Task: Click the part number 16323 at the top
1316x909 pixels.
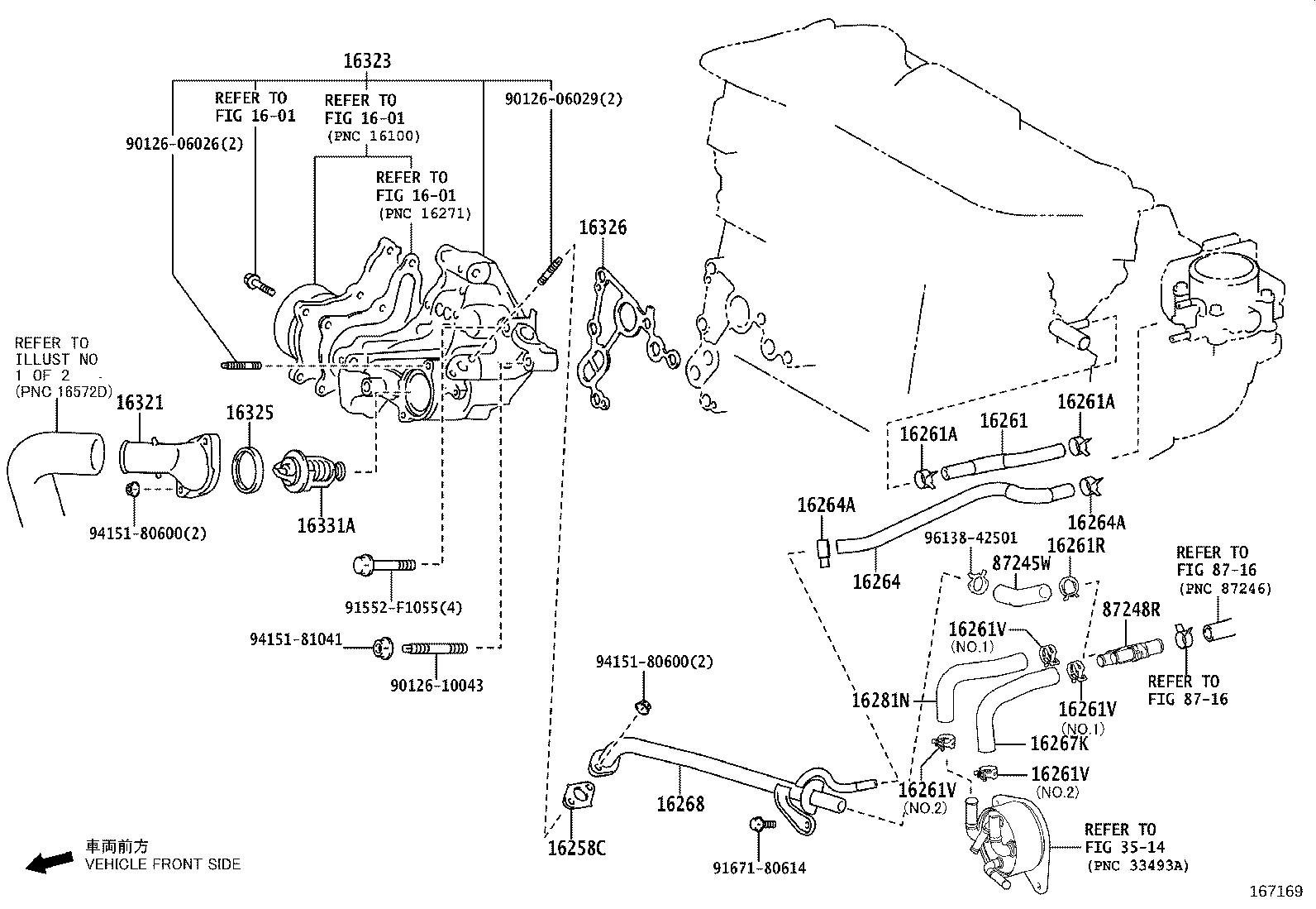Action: tap(367, 61)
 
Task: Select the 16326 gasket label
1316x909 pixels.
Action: tap(602, 227)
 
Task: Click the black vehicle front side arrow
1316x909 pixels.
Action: tap(48, 863)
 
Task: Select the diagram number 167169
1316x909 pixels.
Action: tap(1275, 892)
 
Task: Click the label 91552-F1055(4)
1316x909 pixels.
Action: tap(403, 608)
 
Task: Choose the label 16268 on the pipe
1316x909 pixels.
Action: tap(680, 803)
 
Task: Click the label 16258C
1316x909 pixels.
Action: tap(576, 848)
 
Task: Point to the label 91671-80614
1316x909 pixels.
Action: tap(759, 868)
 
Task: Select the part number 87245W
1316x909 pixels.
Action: tap(1021, 563)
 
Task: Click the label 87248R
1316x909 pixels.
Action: tap(1131, 610)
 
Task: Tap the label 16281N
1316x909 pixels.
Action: tap(880, 701)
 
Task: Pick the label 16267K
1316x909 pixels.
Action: tap(1059, 744)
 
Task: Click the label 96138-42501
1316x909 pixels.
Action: tap(970, 538)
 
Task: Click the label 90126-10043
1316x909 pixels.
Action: tap(436, 685)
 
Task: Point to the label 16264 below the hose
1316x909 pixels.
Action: tap(876, 581)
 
